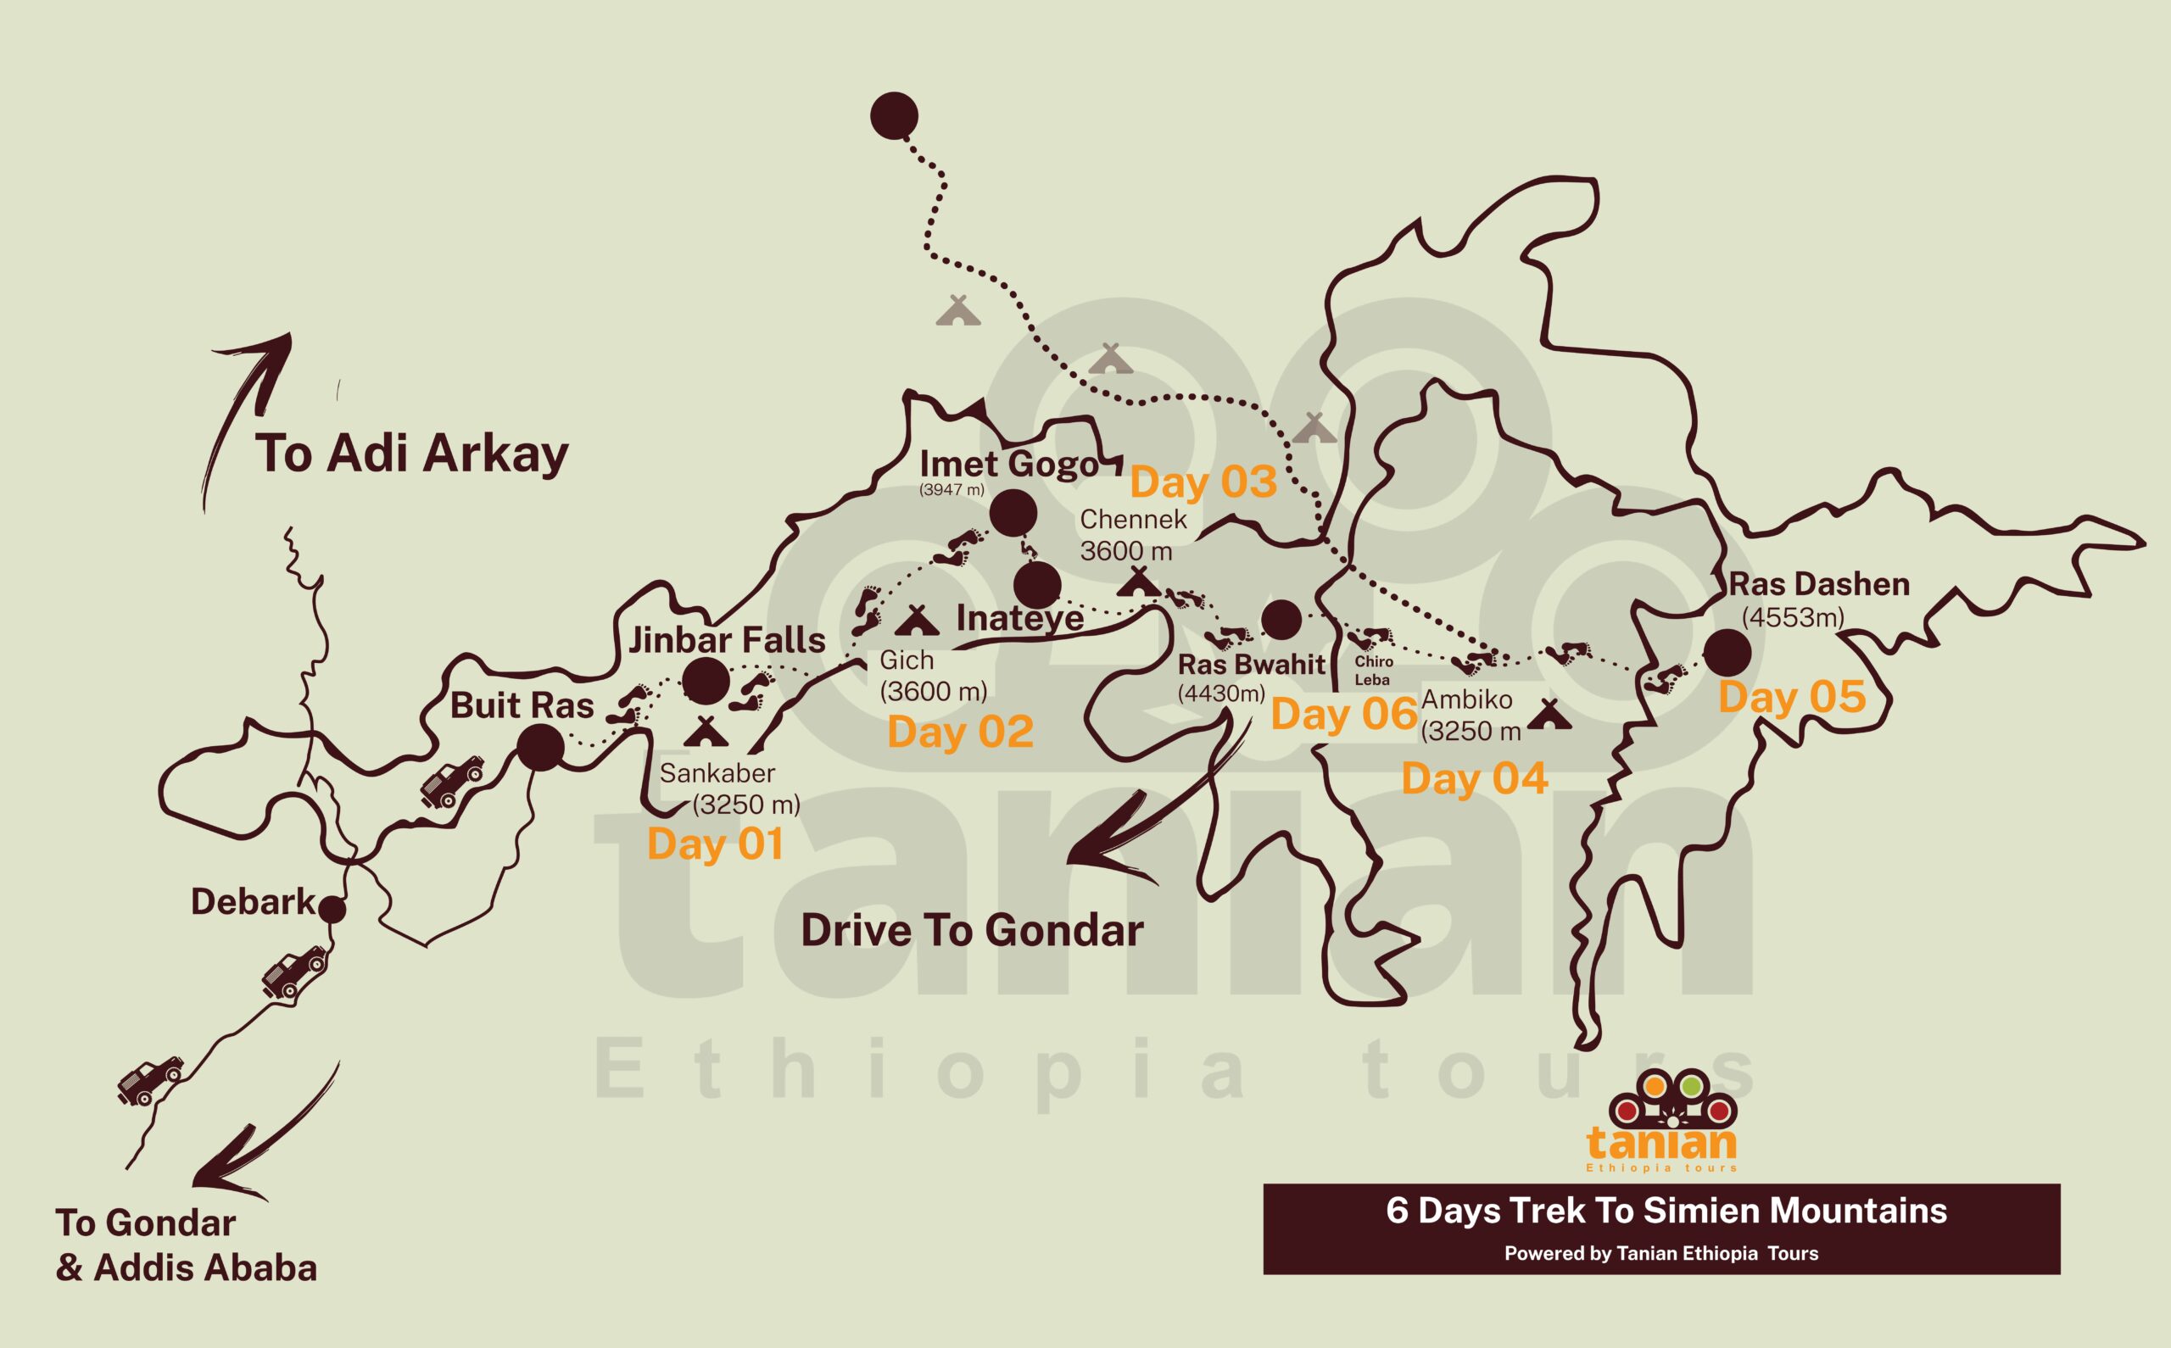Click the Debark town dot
pos(332,910)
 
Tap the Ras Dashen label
pos(1819,585)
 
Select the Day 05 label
pos(1792,697)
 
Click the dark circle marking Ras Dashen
pos(1727,653)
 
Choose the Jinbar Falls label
pos(728,640)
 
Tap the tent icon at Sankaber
pos(706,731)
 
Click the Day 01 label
pos(715,844)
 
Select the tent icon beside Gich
pos(918,621)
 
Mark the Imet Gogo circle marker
pos(1013,513)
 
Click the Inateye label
pos(1020,619)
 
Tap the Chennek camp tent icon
pos(1139,583)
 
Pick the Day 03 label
pos(1203,482)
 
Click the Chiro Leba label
pos(1373,671)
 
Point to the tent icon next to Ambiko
pos(1549,714)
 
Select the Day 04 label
pos(1475,779)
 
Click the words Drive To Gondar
pos(972,931)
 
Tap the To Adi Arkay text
pos(412,454)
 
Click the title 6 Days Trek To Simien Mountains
pos(1666,1211)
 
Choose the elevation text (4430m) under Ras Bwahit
pos(1221,693)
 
